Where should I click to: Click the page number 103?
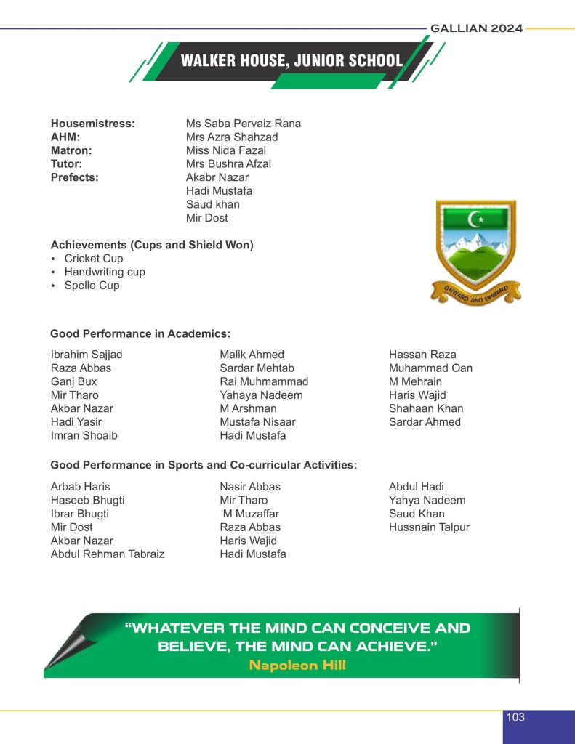click(515, 717)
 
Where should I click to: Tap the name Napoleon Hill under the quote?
click(297, 665)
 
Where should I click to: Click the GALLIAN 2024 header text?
click(476, 28)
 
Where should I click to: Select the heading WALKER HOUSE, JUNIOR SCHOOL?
click(291, 61)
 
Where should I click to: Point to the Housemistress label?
click(92, 124)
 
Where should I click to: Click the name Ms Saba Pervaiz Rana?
click(243, 124)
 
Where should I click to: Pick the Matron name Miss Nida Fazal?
click(225, 150)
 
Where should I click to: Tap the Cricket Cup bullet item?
click(93, 259)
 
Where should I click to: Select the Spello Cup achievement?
click(92, 286)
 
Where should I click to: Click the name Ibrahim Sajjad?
click(87, 355)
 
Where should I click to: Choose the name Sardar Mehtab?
click(257, 368)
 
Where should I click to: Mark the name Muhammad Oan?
click(430, 368)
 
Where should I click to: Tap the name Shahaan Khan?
click(426, 408)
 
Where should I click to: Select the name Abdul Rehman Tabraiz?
click(108, 554)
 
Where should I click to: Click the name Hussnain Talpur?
click(429, 527)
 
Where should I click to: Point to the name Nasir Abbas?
click(250, 487)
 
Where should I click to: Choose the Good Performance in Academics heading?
click(140, 334)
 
